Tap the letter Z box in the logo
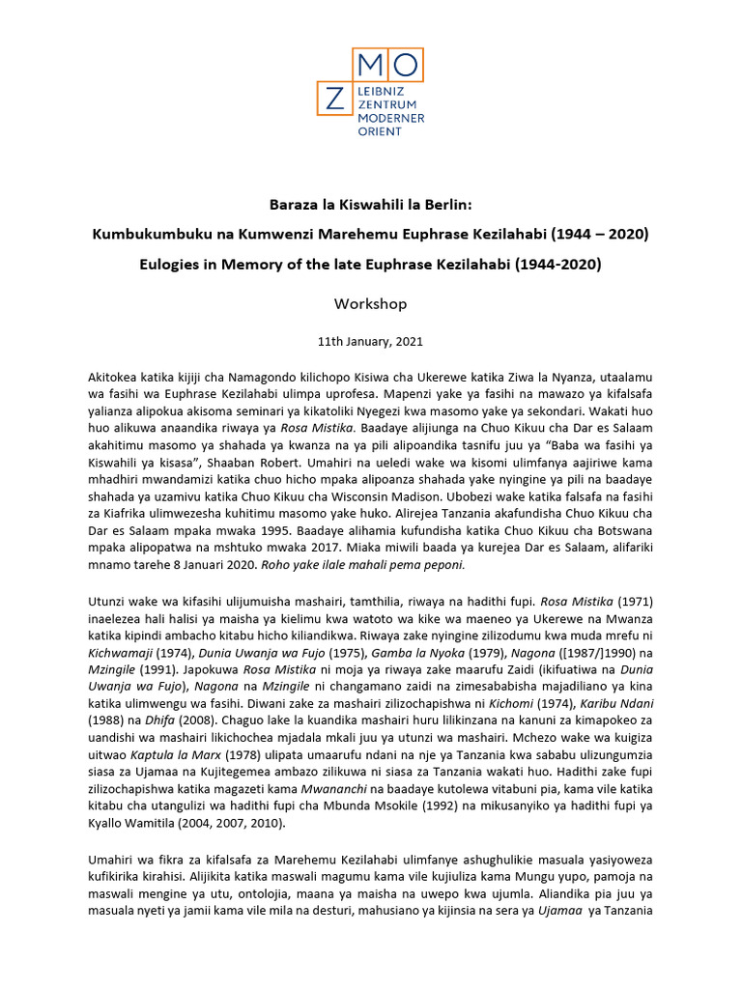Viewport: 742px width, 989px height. [334, 99]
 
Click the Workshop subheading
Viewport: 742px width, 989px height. [370, 303]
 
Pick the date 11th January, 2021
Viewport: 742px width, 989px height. [370, 341]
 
